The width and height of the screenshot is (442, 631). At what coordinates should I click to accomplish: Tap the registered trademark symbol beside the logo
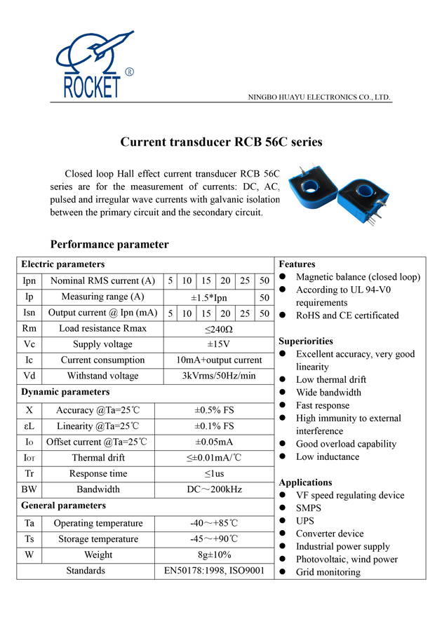pyautogui.click(x=129, y=72)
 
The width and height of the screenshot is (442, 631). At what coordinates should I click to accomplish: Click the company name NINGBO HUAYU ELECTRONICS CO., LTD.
pyautogui.click(x=320, y=97)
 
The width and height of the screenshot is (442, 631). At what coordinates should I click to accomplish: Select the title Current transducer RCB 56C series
pyautogui.click(x=221, y=142)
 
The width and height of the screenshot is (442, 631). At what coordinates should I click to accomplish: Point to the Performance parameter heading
pyautogui.click(x=109, y=245)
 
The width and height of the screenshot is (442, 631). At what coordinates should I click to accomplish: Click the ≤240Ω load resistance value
pyautogui.click(x=218, y=328)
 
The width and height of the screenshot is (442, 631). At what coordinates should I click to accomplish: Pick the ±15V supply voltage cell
pyautogui.click(x=218, y=344)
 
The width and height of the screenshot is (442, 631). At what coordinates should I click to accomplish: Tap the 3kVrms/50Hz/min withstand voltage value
pyautogui.click(x=218, y=376)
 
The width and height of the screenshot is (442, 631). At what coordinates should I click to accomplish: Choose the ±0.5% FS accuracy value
pyautogui.click(x=213, y=410)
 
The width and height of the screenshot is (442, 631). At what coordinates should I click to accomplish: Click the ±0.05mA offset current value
pyautogui.click(x=213, y=442)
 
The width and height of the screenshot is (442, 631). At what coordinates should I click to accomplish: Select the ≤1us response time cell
pyautogui.click(x=213, y=474)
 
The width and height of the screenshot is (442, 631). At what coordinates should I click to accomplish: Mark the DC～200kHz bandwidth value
pyautogui.click(x=213, y=489)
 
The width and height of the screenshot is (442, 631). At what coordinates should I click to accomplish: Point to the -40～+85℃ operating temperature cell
pyautogui.click(x=213, y=523)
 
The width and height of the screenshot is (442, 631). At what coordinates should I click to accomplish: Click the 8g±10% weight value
pyautogui.click(x=213, y=555)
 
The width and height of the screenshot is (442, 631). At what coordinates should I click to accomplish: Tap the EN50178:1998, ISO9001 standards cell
pyautogui.click(x=213, y=571)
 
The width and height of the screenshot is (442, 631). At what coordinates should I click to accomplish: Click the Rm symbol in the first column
pyautogui.click(x=29, y=328)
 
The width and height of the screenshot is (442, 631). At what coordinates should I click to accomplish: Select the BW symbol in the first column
pyautogui.click(x=29, y=489)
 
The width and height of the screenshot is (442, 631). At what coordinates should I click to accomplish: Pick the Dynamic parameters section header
pyautogui.click(x=65, y=392)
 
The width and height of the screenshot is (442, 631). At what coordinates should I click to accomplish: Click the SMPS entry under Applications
pyautogui.click(x=309, y=508)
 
